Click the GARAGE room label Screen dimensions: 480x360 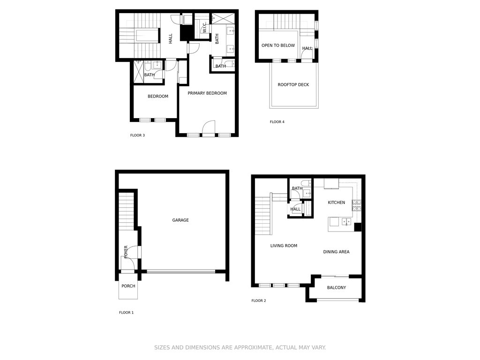click(180, 220)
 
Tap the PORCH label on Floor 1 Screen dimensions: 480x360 click(128, 286)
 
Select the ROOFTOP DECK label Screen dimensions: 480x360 click(293, 84)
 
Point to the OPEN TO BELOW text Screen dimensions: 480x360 click(278, 45)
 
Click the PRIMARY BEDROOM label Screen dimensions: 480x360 click(207, 93)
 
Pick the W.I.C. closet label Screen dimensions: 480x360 click(204, 27)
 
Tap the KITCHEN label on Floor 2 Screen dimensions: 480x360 click(337, 202)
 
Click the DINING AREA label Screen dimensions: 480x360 click(336, 252)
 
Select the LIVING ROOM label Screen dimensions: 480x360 click(284, 246)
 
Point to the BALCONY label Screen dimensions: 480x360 click(337, 287)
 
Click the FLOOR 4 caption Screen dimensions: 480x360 click(277, 122)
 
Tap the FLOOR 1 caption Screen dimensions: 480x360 click(127, 313)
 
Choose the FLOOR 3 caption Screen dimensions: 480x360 click(137, 135)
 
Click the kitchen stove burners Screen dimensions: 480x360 click(356, 206)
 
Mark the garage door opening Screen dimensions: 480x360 click(181, 271)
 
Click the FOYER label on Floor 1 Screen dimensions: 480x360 click(126, 252)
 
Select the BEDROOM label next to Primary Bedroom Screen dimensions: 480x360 click(158, 96)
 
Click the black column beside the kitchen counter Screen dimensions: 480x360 click(358, 227)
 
